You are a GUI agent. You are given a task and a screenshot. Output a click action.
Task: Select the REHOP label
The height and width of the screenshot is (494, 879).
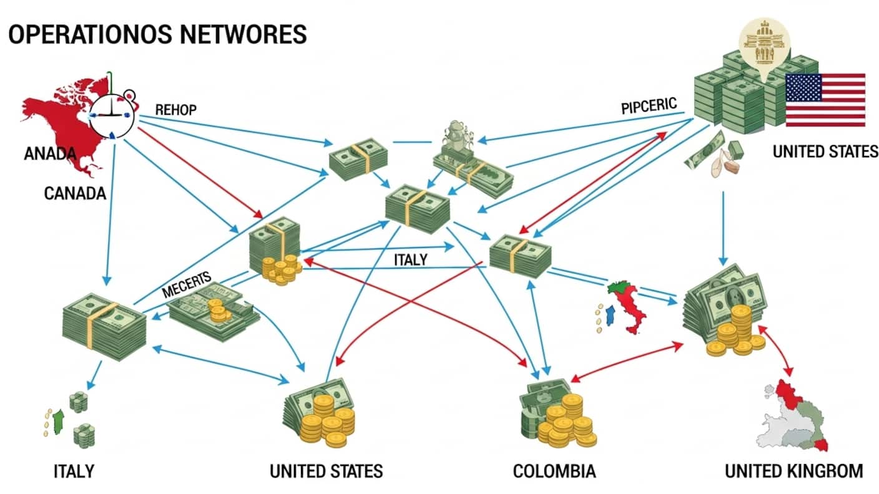point(175,110)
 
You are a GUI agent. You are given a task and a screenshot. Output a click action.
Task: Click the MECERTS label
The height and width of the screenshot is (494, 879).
point(187,283)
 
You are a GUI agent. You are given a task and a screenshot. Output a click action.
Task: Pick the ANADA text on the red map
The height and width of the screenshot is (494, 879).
point(50,153)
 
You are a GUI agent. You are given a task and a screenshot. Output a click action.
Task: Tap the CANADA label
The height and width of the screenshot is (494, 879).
point(75,193)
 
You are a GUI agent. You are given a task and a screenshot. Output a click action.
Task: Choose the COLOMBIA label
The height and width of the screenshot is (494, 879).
point(554,471)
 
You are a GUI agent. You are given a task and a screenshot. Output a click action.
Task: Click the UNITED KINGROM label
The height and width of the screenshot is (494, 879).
point(793,471)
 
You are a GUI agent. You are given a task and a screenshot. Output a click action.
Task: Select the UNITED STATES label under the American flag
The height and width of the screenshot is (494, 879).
point(825,152)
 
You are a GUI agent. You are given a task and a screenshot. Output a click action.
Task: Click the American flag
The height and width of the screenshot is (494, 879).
point(825,100)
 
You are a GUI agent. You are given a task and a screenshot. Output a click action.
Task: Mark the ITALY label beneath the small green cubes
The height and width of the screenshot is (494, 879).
point(73,470)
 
